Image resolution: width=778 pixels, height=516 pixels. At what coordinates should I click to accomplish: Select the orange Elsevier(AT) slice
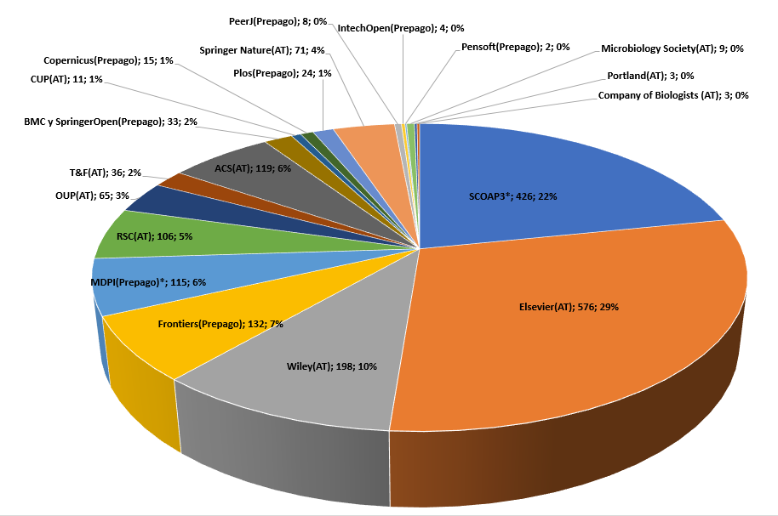pos(596,340)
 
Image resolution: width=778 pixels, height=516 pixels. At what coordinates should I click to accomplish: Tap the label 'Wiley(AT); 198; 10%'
pos(331,366)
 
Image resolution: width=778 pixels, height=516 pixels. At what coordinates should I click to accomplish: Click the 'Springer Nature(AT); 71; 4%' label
pos(257,50)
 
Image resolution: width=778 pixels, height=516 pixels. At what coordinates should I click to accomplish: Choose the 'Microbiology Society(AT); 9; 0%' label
pos(672,48)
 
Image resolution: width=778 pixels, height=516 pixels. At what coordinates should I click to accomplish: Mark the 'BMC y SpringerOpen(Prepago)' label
pos(112,122)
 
